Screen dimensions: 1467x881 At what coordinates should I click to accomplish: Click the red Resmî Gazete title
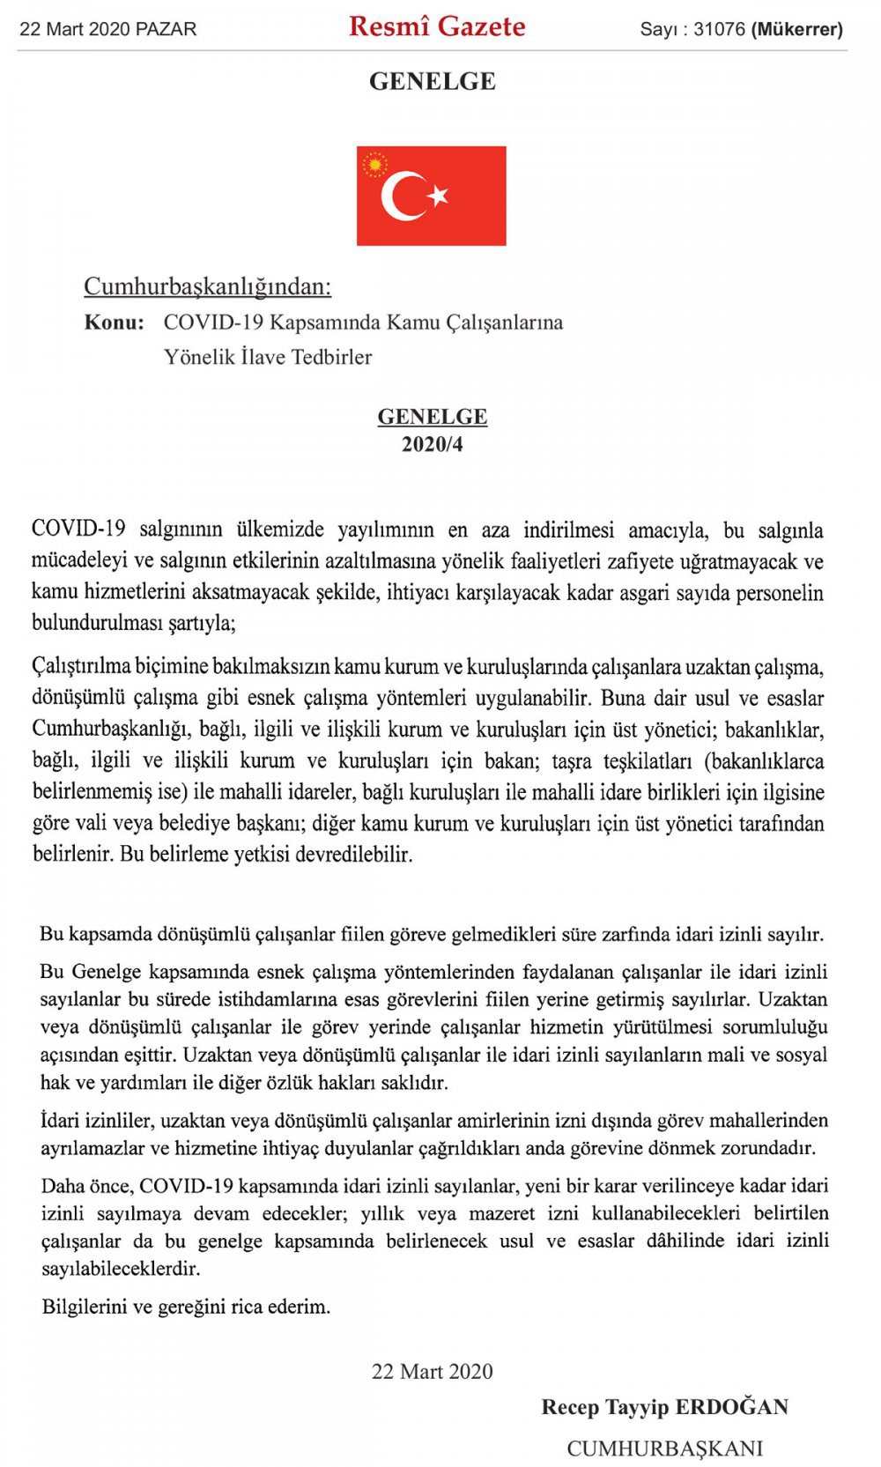[x=437, y=26]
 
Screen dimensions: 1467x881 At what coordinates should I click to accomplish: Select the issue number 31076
[x=719, y=29]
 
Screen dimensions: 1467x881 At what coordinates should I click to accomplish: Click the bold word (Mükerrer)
[x=796, y=29]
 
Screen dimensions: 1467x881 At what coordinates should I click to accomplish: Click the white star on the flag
[x=438, y=195]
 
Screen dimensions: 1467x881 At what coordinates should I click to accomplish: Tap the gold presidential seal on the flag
[x=375, y=164]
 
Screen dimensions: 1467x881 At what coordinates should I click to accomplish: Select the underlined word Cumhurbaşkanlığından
[x=207, y=286]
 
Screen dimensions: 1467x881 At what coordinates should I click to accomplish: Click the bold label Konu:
[x=114, y=322]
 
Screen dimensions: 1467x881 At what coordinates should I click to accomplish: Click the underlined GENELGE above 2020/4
[x=432, y=417]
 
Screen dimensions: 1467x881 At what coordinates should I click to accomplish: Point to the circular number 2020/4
[x=432, y=444]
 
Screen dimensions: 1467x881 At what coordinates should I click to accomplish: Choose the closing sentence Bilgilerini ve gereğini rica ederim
[x=186, y=1307]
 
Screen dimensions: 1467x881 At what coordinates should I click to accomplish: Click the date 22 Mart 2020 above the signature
[x=432, y=1371]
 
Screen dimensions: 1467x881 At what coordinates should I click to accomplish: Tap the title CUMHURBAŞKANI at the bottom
[x=664, y=1448]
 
